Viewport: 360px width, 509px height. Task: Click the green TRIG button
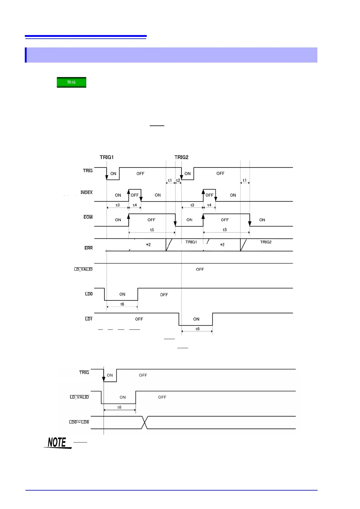pos(71,82)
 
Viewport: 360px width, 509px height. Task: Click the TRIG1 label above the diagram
pos(106,157)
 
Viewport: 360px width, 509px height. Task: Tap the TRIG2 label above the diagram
pos(181,157)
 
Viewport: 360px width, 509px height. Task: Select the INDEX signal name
pos(87,193)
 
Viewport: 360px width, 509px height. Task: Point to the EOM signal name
pos(88,217)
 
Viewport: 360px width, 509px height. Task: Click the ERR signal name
pos(88,248)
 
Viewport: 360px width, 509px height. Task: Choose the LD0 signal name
pos(89,294)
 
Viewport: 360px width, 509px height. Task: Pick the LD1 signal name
pos(89,319)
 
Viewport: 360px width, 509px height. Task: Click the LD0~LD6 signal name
pos(79,422)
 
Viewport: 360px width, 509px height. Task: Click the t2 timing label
pos(178,180)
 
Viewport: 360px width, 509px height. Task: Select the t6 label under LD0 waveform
pos(122,304)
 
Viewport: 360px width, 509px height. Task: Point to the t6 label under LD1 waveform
pos(197,329)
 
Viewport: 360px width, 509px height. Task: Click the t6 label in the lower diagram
pos(119,407)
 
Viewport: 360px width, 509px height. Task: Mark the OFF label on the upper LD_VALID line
pos(200,269)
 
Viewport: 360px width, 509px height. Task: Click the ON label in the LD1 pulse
pos(196,319)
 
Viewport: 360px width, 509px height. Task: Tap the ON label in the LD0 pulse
pos(122,294)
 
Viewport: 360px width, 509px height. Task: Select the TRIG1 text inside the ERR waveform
pos(191,242)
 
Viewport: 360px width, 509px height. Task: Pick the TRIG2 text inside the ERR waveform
pos(266,242)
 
